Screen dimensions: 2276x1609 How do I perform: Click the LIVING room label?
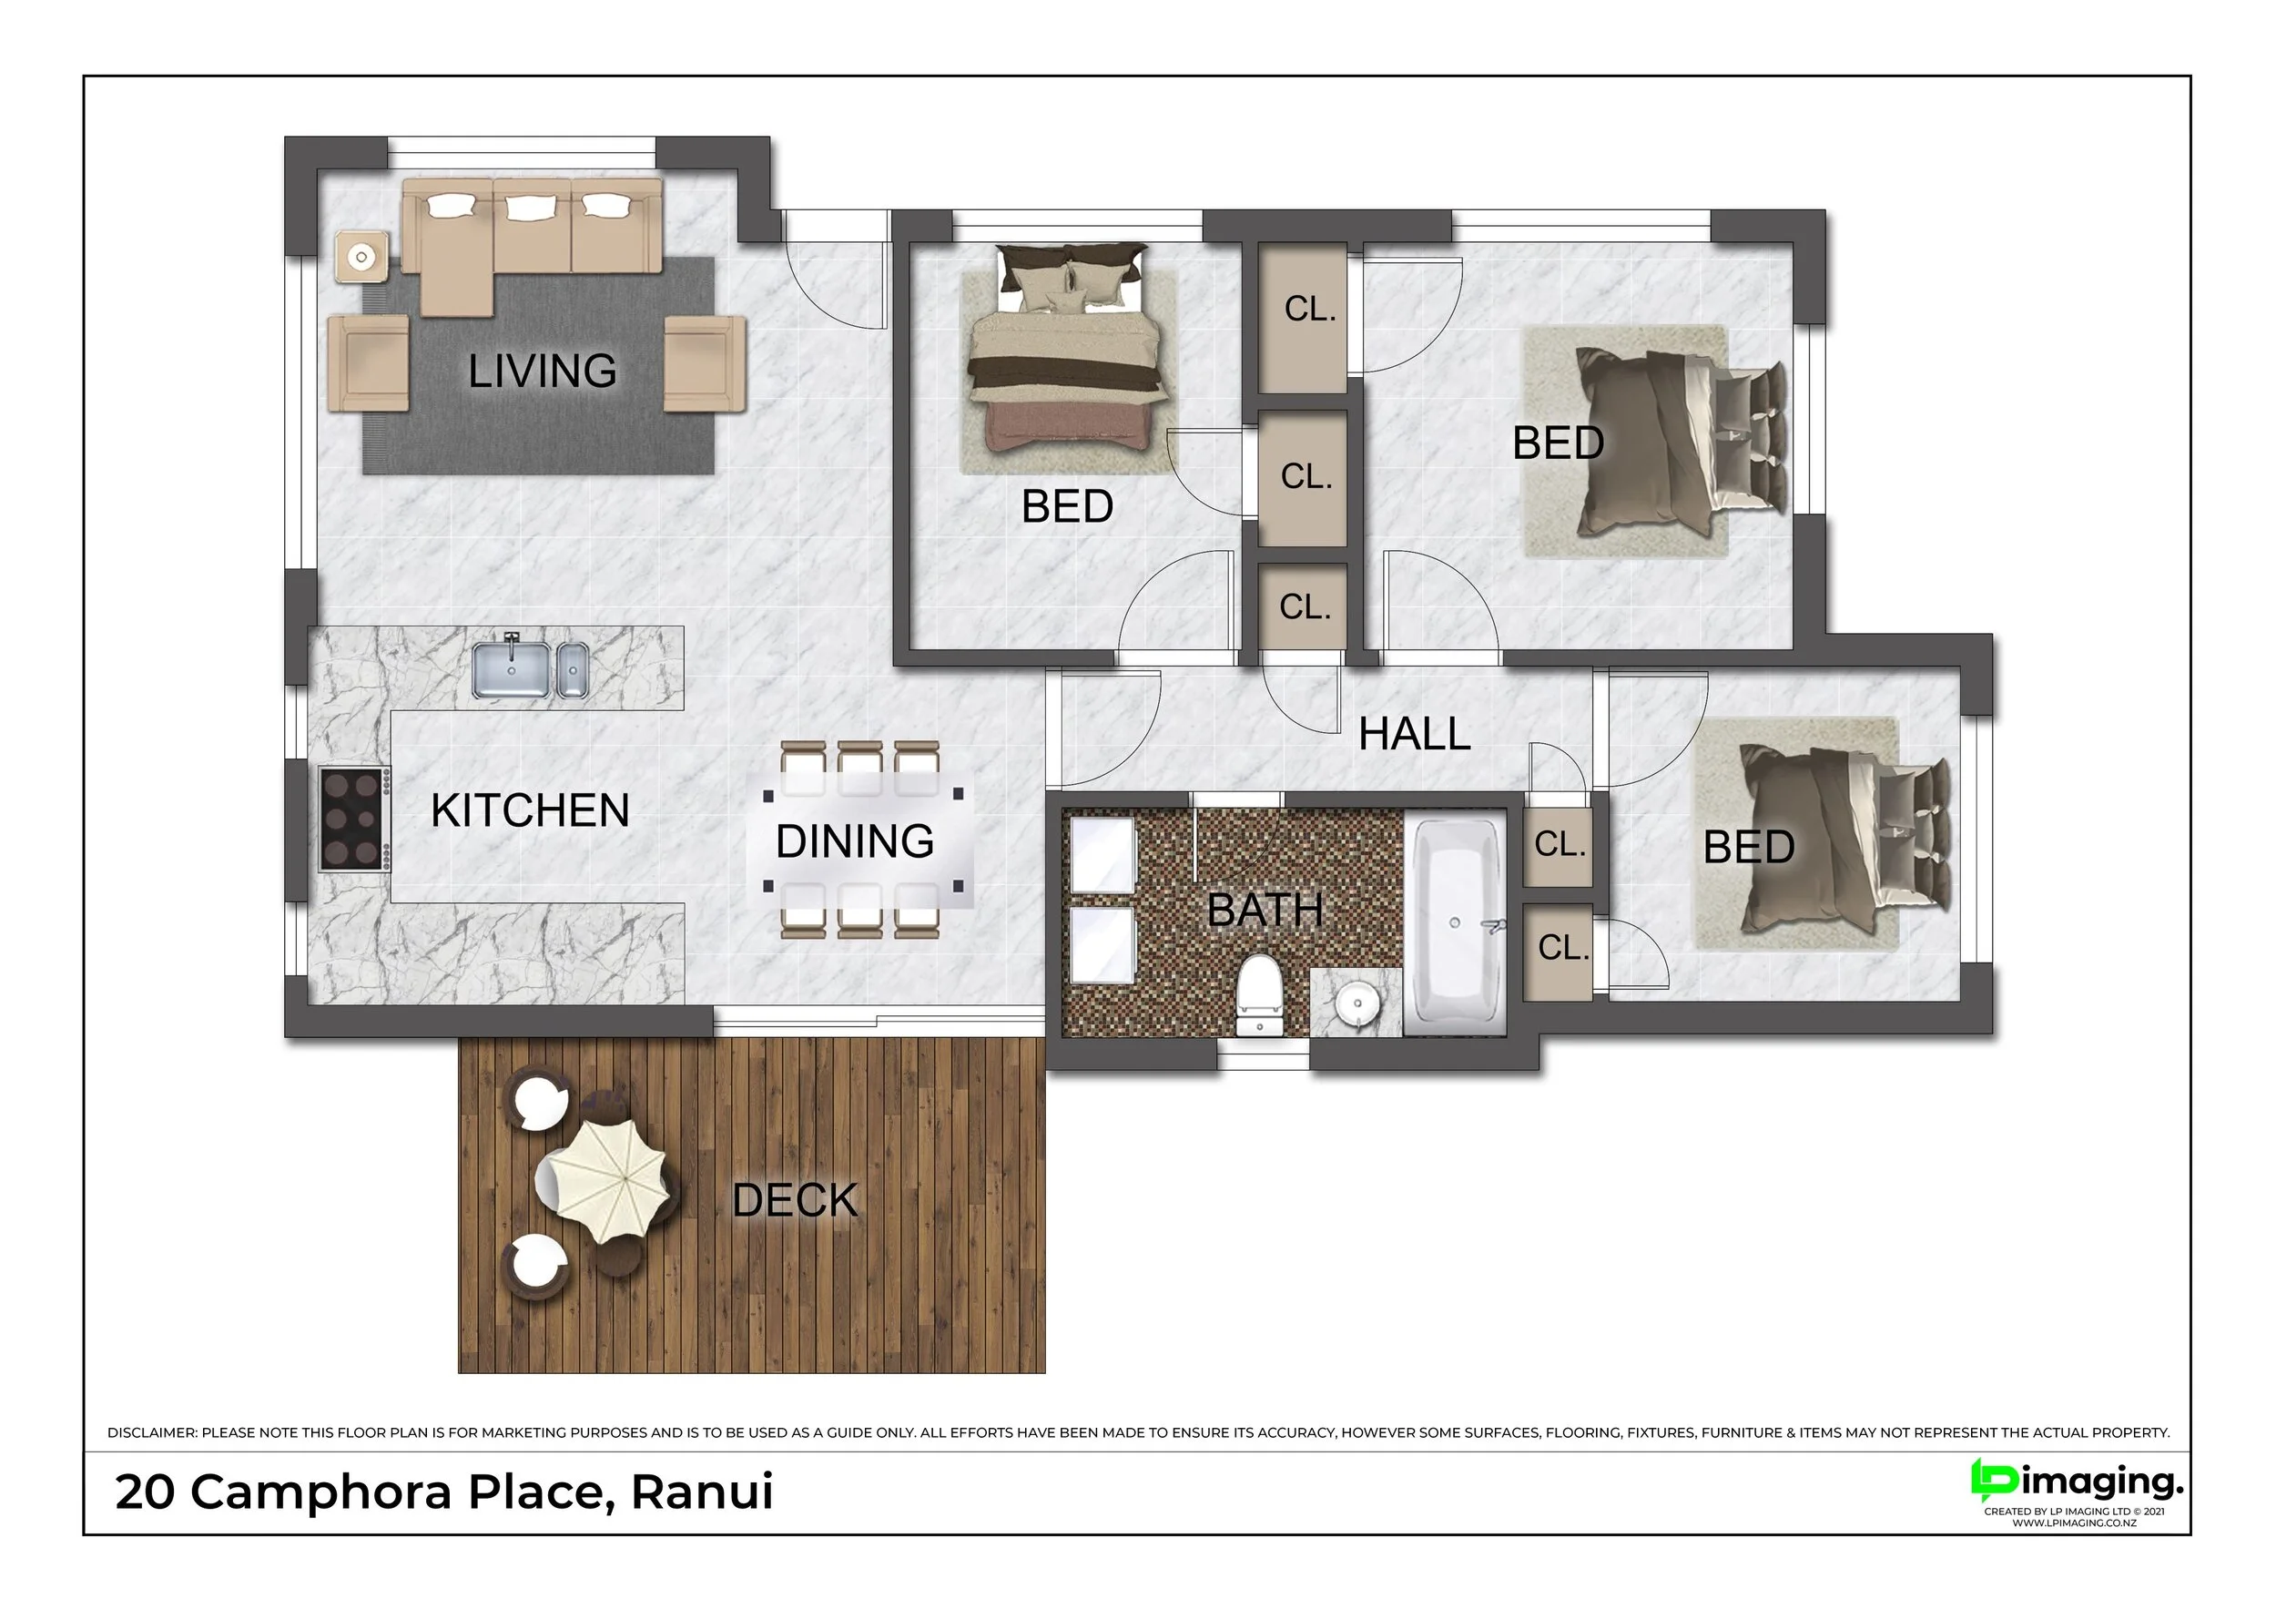[x=543, y=371]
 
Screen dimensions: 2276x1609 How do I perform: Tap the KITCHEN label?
[x=531, y=811]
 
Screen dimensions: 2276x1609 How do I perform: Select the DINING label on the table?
[x=855, y=841]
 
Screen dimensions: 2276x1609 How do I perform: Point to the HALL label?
[x=1415, y=734]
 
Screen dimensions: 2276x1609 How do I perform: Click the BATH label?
[x=1265, y=910]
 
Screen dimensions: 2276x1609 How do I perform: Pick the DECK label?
[x=795, y=1200]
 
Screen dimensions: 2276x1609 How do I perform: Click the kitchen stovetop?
[x=354, y=820]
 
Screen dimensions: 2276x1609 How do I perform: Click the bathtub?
[x=1455, y=922]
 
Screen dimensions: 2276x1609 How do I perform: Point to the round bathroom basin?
[x=1355, y=1004]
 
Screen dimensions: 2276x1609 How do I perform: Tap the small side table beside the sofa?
[x=361, y=258]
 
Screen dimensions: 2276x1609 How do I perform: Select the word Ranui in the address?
[x=702, y=1492]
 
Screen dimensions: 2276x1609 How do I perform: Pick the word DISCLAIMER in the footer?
[x=153, y=1432]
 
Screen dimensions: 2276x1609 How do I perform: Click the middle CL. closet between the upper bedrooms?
[x=1305, y=478]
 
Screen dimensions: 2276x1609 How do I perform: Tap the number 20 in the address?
[x=145, y=1492]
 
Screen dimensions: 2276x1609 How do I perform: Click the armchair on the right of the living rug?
[x=704, y=362]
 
